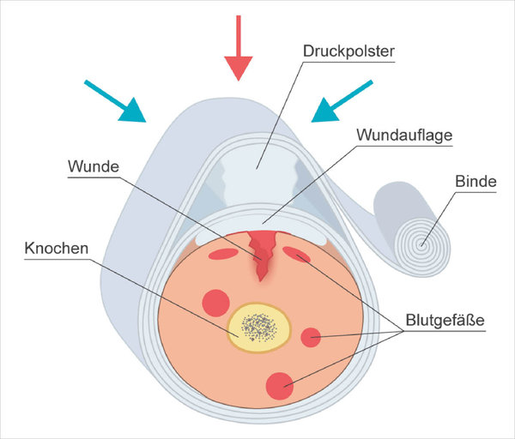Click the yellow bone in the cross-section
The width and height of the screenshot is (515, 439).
pos(260,326)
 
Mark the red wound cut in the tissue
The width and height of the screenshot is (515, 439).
pos(262,253)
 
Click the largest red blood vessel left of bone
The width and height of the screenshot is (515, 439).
pos(215,303)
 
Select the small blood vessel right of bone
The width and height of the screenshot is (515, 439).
pos(311,337)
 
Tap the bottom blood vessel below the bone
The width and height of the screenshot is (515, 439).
pos(278,386)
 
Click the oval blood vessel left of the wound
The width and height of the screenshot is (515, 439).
pos(223,254)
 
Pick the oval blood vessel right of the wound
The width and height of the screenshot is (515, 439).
pos(298,255)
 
